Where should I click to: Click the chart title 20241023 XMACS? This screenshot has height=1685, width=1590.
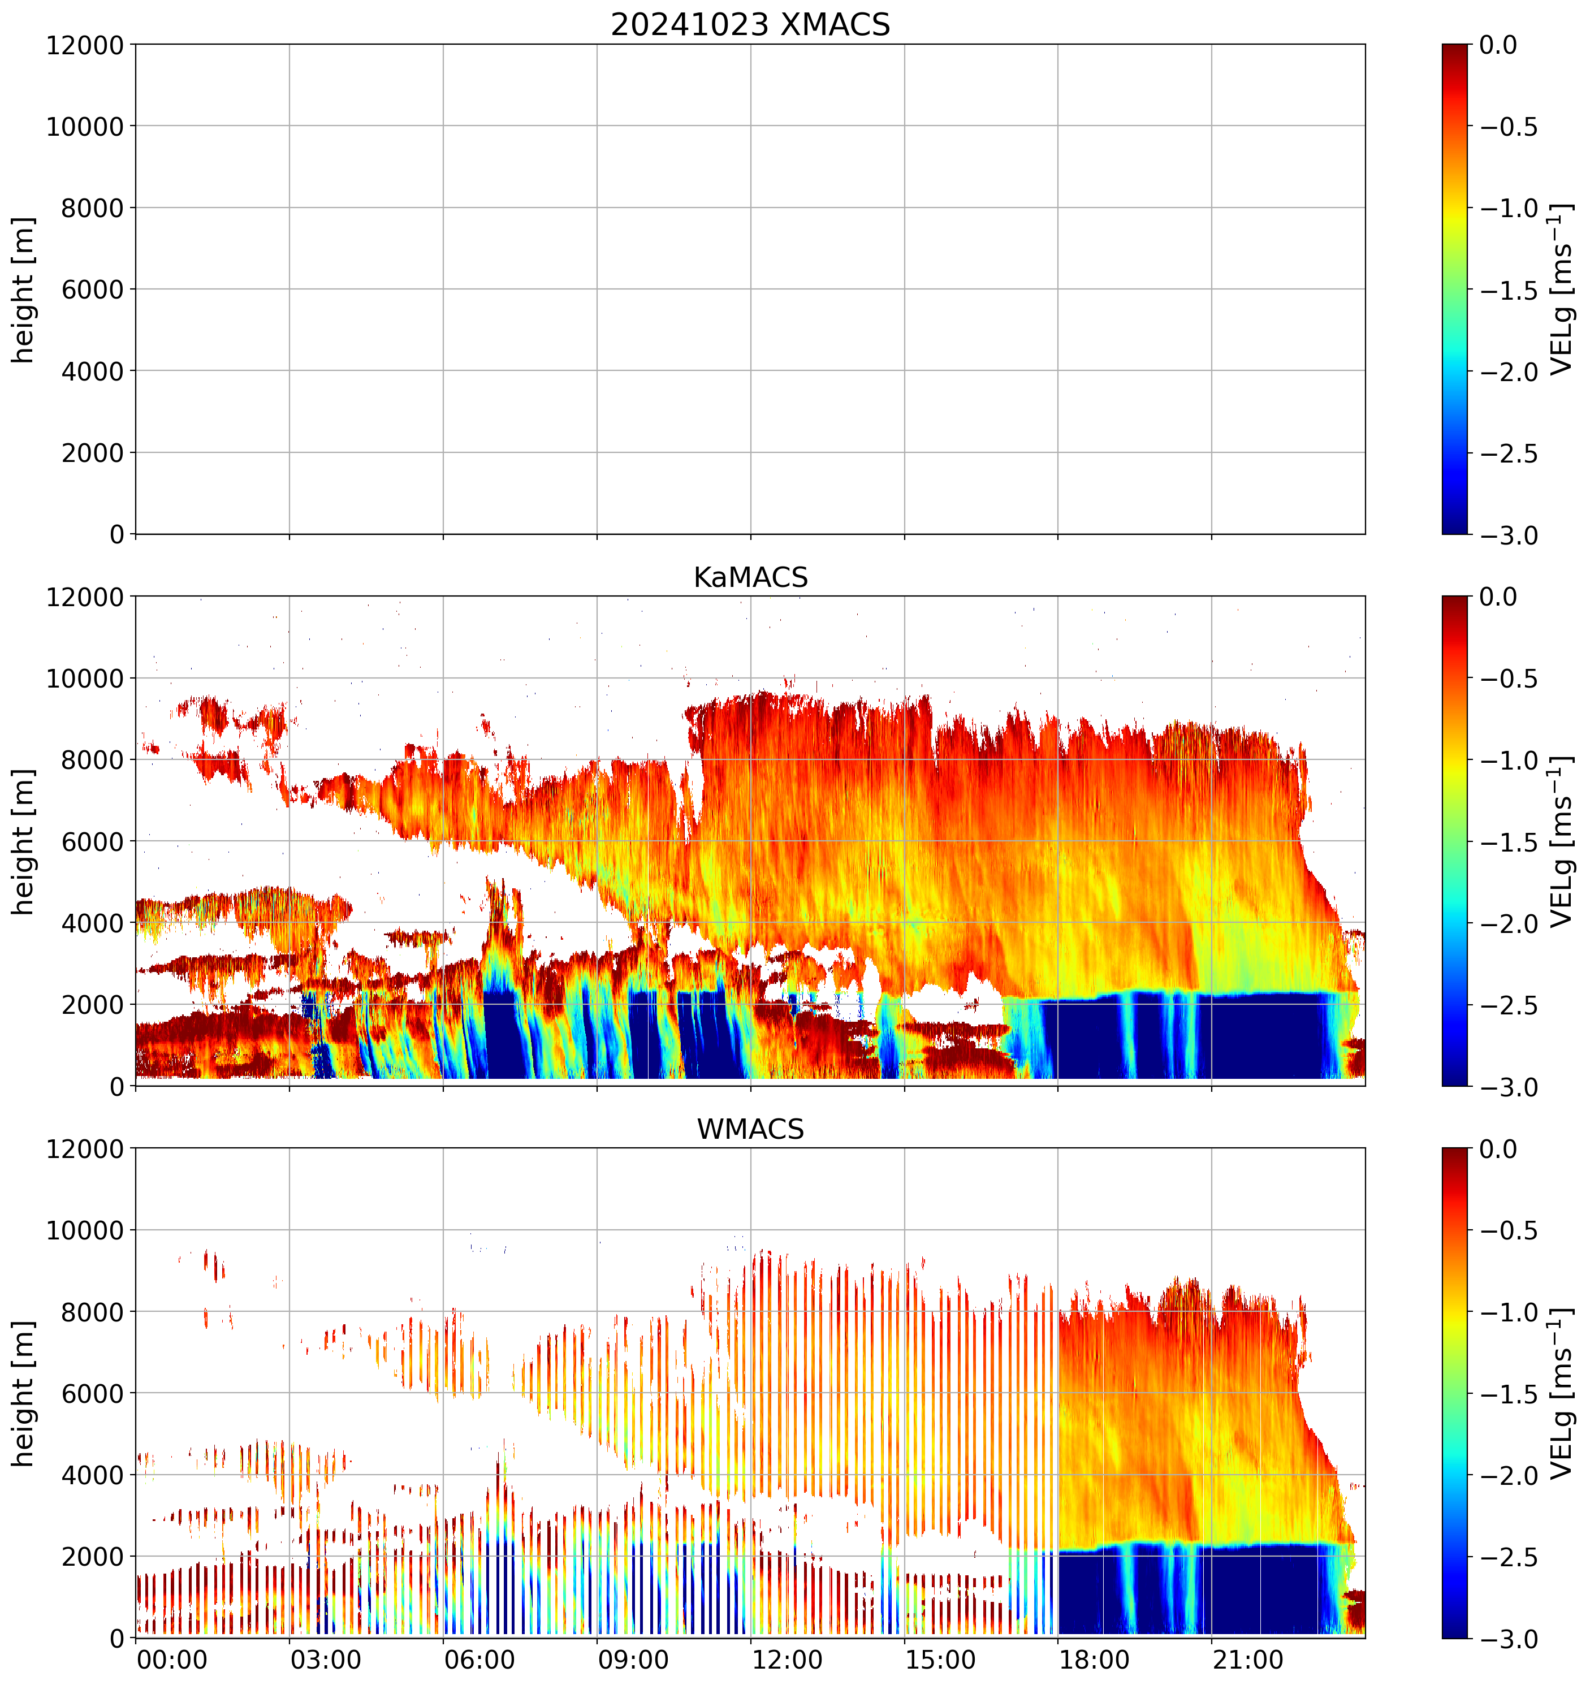pyautogui.click(x=750, y=24)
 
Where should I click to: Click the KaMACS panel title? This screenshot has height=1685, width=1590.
pyautogui.click(x=750, y=577)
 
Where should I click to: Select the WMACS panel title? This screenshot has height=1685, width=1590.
pyautogui.click(x=750, y=1129)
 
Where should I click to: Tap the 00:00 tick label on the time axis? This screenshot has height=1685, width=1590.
pyautogui.click(x=172, y=1659)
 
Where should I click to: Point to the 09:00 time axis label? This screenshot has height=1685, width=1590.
pyautogui.click(x=633, y=1659)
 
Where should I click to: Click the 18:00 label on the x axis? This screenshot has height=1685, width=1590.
pyautogui.click(x=1094, y=1659)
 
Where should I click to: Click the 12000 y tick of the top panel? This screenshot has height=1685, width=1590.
pyautogui.click(x=85, y=45)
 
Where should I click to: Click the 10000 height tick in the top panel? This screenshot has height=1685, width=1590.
pyautogui.click(x=85, y=126)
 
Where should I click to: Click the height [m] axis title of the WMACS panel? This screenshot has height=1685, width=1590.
pyautogui.click(x=24, y=1393)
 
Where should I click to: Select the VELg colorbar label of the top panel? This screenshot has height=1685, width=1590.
pyautogui.click(x=1561, y=289)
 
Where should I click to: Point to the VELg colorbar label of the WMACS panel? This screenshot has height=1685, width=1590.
pyautogui.click(x=1561, y=1393)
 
